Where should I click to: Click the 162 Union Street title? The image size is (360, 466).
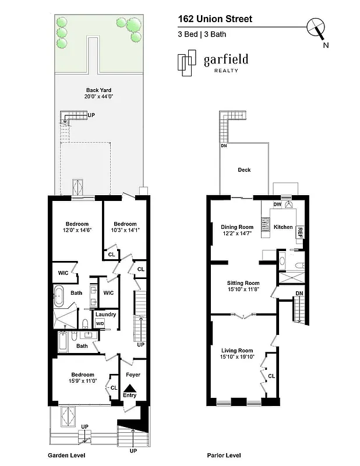215,19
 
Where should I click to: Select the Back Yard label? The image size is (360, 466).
98,90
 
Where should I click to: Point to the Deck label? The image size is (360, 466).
244,170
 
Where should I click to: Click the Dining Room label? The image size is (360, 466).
237,227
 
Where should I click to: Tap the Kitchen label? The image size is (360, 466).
283,227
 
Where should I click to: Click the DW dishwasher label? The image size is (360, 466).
277,205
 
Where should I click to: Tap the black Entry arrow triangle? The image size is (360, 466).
130,388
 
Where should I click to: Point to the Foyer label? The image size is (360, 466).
133,375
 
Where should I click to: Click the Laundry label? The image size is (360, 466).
106,315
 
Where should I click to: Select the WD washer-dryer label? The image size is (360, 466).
100,323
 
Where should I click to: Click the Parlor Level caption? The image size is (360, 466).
224,456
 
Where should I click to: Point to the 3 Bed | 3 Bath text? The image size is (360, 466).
202,34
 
